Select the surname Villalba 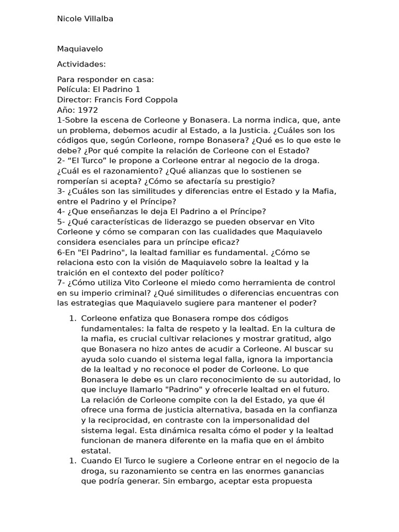click(97, 19)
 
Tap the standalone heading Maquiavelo click(80, 49)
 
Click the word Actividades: click(82, 64)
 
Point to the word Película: click(73, 90)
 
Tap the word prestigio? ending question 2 click(255, 181)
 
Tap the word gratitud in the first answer click(278, 339)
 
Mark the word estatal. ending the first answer click(95, 450)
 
